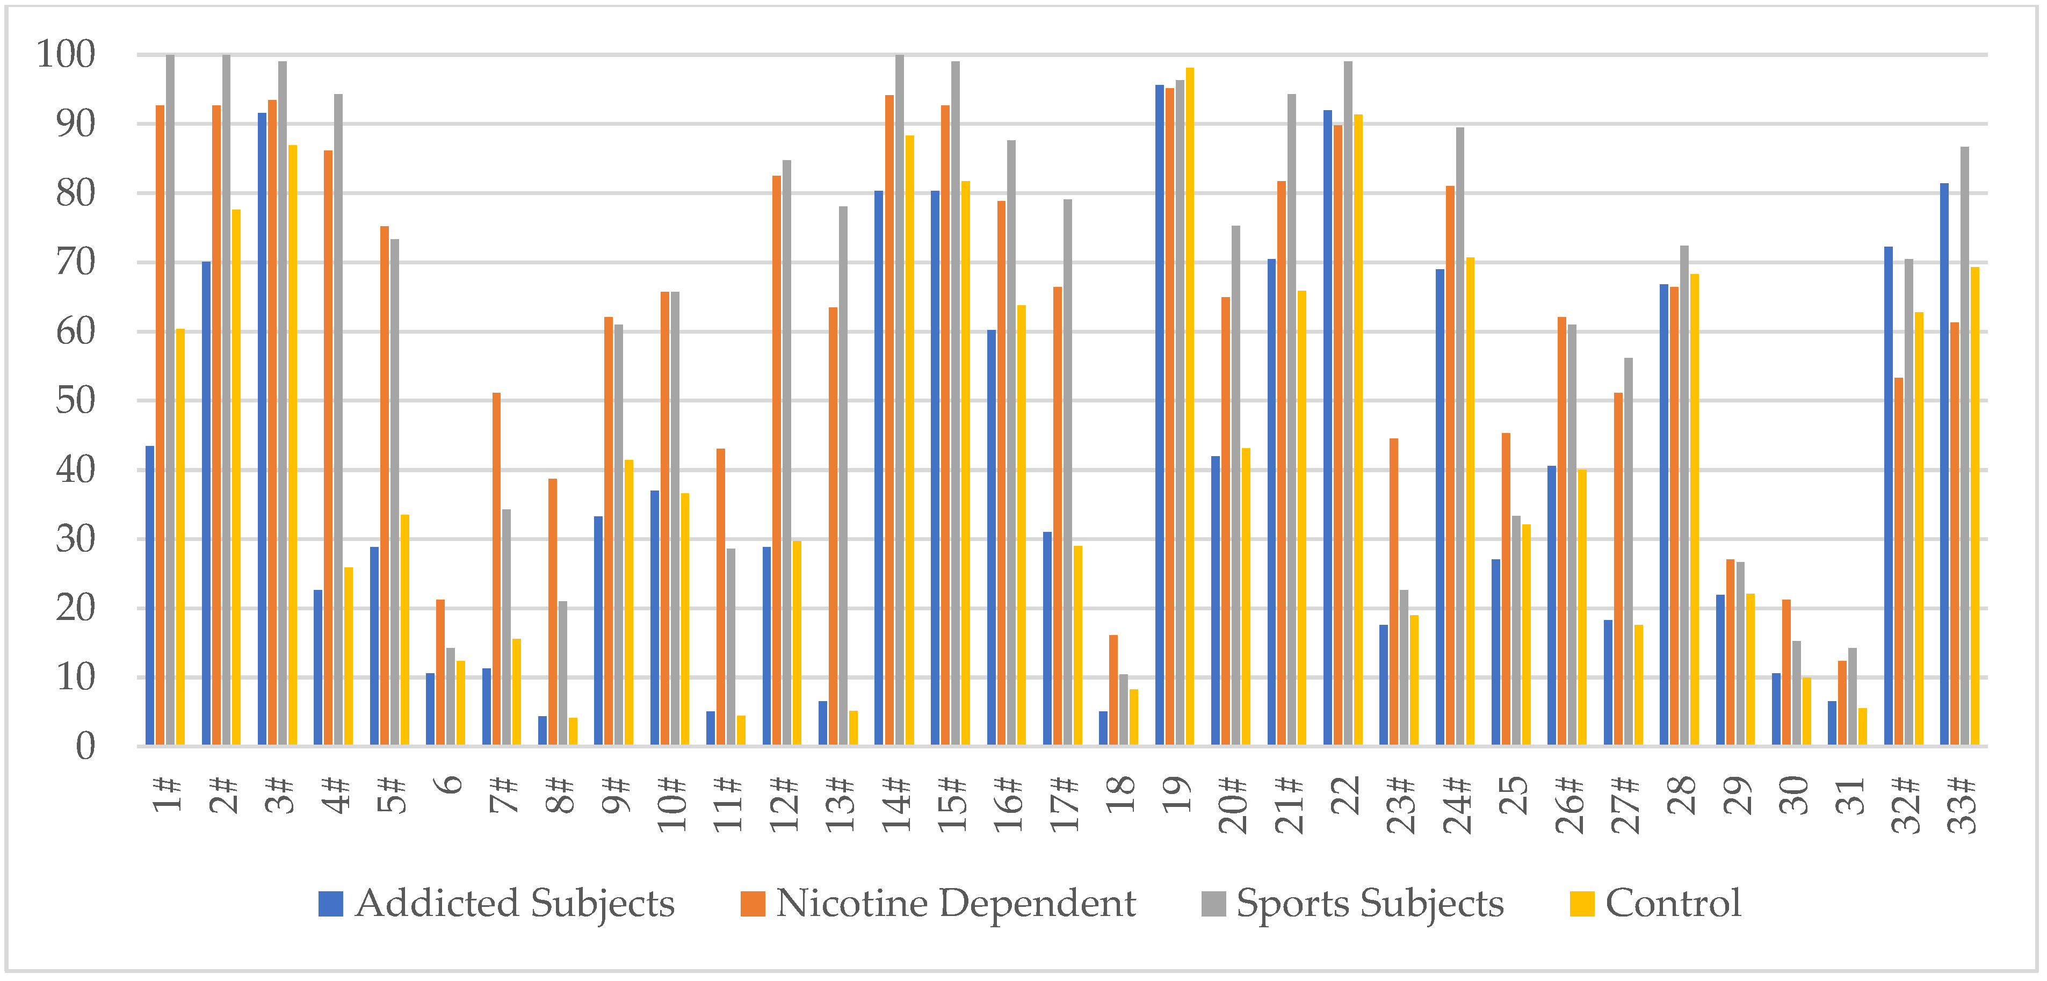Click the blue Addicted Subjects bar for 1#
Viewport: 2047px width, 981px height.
point(149,596)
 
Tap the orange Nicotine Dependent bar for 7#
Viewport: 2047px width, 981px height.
point(497,569)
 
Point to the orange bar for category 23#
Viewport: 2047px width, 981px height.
point(1394,592)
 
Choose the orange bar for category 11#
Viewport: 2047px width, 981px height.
point(721,597)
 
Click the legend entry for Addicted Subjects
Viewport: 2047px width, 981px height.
point(497,903)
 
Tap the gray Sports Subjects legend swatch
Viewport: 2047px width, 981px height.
point(1213,904)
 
